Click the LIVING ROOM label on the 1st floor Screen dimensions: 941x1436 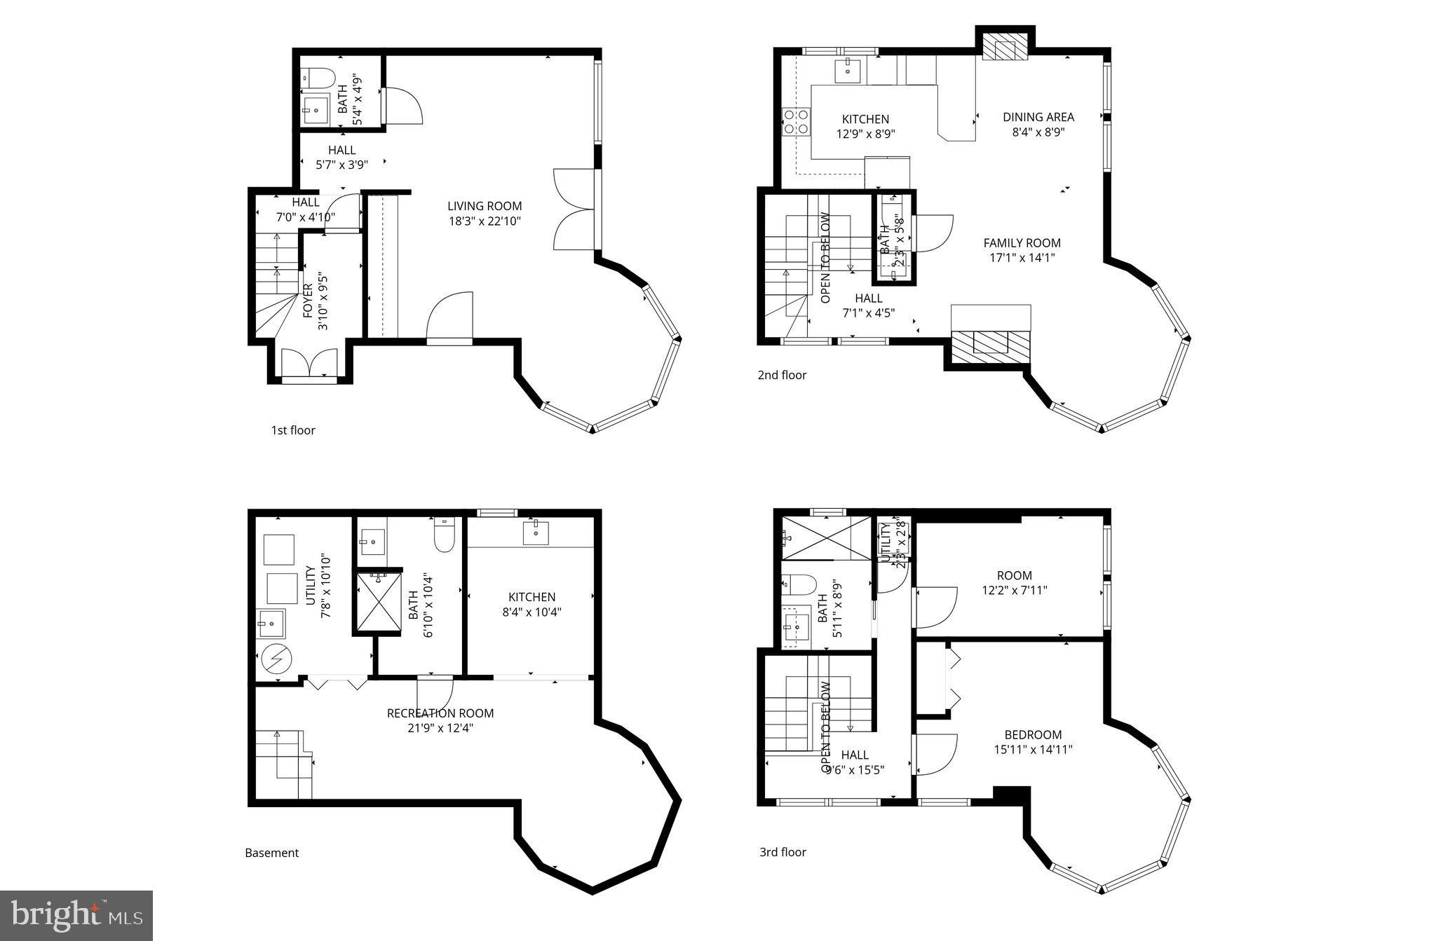tap(485, 206)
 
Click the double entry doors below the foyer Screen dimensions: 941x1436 tap(309, 364)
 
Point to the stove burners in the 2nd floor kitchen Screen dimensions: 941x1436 tap(794, 122)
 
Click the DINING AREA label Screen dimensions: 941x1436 tap(1038, 117)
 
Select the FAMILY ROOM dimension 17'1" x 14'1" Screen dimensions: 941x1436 tap(1022, 257)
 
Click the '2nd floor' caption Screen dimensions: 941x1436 tap(782, 375)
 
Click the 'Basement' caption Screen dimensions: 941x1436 tap(271, 853)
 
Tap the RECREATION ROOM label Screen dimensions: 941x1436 tap(440, 713)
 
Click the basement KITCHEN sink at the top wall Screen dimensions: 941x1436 tap(536, 532)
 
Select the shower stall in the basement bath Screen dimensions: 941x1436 tap(378, 602)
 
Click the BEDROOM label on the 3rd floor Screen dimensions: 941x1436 tap(1033, 734)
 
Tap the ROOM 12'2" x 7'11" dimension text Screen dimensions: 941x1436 tap(1014, 590)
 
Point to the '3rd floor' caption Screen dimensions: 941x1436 tap(783, 852)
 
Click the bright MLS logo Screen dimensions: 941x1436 tap(76, 915)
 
